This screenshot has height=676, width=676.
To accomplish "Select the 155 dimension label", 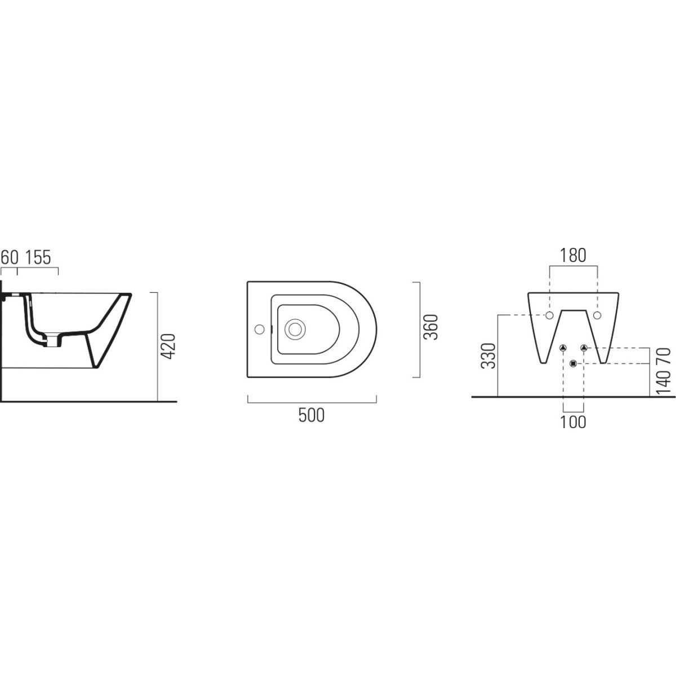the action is pos(38,257).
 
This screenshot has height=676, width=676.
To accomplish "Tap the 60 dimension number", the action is pos(10,257).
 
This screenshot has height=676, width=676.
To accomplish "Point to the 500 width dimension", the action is pos(312,416).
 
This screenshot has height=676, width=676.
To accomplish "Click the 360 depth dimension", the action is pos(432,327).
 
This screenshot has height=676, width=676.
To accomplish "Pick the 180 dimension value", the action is pos(573,256).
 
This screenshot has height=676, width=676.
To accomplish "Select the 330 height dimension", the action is pos(488,355).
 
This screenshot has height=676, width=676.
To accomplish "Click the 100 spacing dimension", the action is pos(573,422).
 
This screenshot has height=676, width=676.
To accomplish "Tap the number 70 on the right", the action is pos(665,356).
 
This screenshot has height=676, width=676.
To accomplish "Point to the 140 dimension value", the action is pos(665,383).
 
